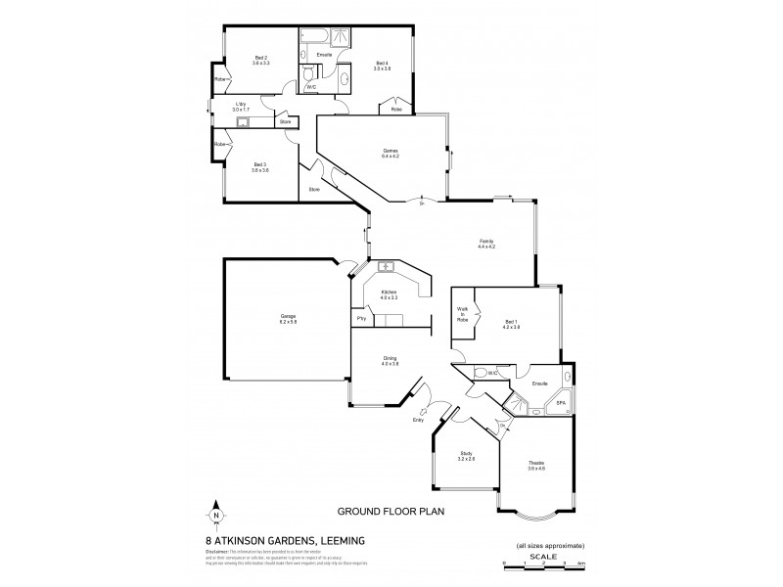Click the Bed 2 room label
point(261,59)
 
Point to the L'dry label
point(240,106)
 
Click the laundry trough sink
point(242,122)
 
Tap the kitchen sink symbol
point(386,266)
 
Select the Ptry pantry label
point(361,319)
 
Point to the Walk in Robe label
point(462,315)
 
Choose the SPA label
point(561,402)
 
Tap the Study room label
point(467,454)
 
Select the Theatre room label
point(536,463)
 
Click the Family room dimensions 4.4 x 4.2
point(486,247)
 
